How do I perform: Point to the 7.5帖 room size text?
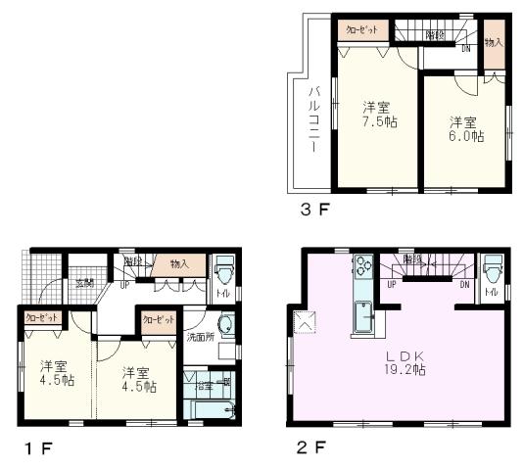[x=378, y=122]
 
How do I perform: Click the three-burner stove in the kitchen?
[x=361, y=266]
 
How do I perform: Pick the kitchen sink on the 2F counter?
[x=362, y=317]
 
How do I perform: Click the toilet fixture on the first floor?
[x=223, y=268]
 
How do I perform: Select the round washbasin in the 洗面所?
[x=225, y=325]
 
